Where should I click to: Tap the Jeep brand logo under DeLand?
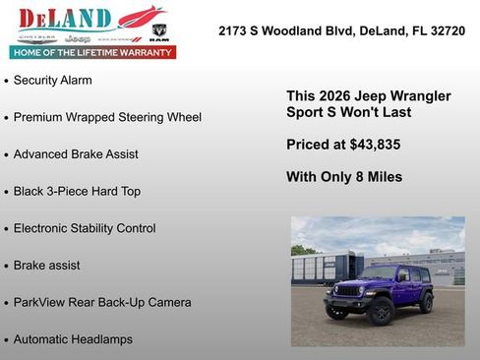tap(86, 38)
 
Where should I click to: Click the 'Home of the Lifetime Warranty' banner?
tap(92, 52)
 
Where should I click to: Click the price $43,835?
tap(375, 145)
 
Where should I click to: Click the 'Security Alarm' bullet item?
tap(52, 80)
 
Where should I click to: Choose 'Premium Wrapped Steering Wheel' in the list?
tap(107, 117)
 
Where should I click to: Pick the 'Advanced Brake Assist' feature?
tap(76, 154)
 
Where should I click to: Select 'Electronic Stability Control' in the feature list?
tap(85, 228)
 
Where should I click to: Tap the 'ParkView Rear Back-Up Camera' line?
tap(102, 302)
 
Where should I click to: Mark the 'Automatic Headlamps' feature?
tap(73, 339)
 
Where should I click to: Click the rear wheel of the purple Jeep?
tap(426, 302)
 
